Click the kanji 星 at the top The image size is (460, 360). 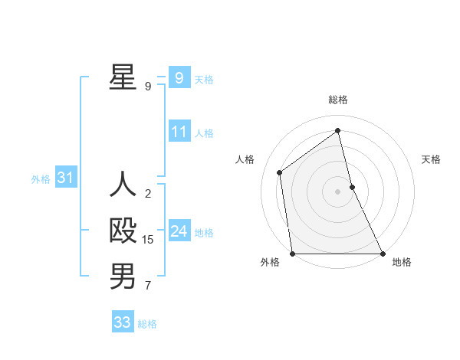coord(123,77)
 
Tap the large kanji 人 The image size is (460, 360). coord(123,185)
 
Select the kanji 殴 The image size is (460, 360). coord(123,231)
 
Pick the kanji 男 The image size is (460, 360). coord(123,277)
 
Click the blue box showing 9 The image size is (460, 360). coord(179,77)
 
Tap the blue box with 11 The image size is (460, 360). coord(179,132)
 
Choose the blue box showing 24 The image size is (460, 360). coord(179,231)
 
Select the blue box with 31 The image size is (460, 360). coord(65,178)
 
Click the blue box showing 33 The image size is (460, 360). coord(122,322)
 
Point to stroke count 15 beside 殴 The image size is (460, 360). coord(148,240)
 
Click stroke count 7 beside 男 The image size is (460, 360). coord(148,286)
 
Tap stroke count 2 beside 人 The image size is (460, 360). coord(148,194)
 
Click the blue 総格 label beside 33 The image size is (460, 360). coord(147,324)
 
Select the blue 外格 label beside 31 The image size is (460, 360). coord(41,179)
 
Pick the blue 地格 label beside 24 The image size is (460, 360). coord(204,233)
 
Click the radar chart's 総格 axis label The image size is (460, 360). coord(337,100)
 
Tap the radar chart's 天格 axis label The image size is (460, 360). coord(431,159)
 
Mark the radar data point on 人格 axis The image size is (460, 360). coord(280,172)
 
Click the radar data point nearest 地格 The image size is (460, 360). coord(383,254)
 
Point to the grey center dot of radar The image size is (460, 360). coord(337,191)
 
